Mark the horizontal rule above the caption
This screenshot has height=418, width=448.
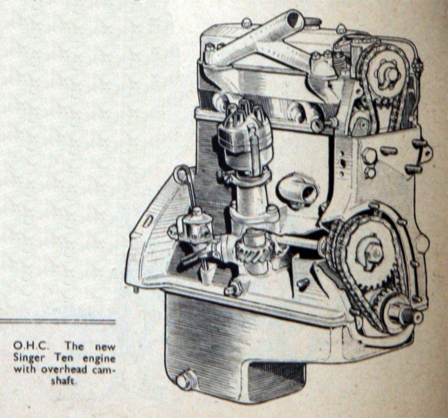point(57,321)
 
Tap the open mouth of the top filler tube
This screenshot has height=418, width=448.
point(292,22)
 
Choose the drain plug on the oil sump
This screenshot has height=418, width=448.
point(185,380)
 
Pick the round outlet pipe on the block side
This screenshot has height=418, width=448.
point(301,187)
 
